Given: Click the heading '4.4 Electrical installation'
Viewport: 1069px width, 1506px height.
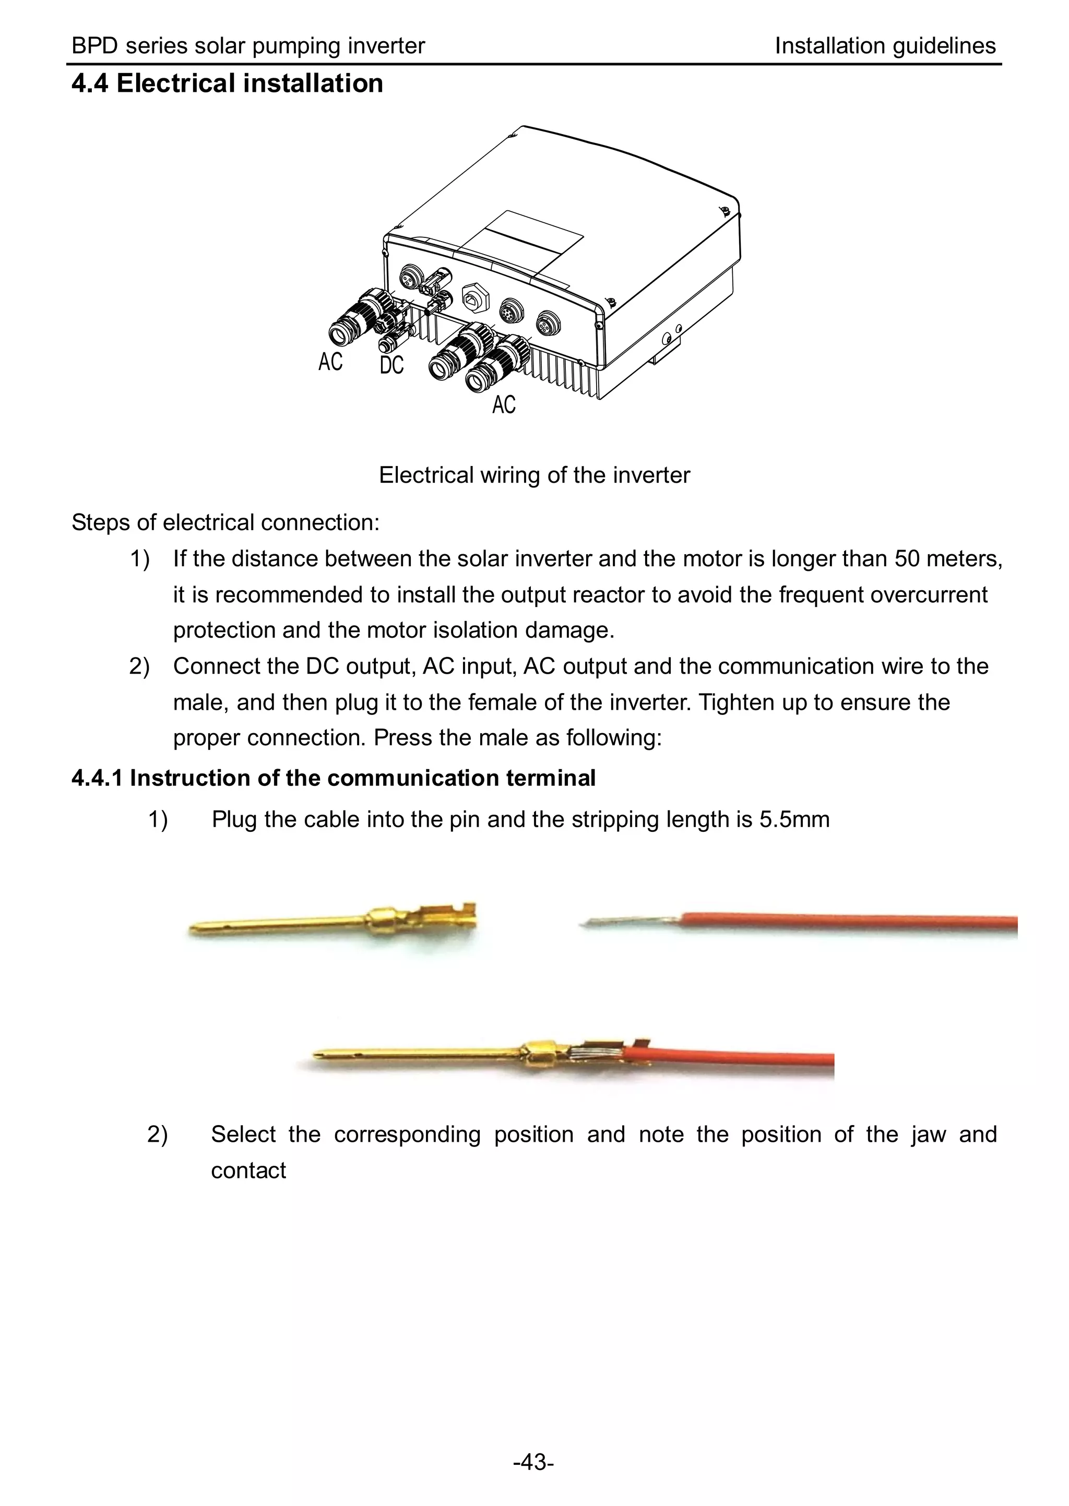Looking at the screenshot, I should [x=227, y=84].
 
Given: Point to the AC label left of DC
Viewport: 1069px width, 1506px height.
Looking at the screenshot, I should [x=330, y=362].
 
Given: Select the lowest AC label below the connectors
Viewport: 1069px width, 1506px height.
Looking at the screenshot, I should [x=504, y=404].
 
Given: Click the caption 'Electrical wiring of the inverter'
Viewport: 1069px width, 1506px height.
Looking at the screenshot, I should [x=534, y=475].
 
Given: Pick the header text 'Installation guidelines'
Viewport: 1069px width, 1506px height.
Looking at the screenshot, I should [x=885, y=46].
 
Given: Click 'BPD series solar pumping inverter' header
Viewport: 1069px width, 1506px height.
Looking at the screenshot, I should [x=248, y=46].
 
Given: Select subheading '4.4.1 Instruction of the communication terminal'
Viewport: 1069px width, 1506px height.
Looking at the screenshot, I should [x=333, y=779].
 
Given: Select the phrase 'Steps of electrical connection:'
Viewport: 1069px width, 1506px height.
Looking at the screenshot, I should [x=225, y=522].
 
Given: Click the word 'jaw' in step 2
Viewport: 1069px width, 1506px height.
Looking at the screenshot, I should [x=928, y=1134].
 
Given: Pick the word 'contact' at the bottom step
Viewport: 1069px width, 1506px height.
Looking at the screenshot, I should [x=248, y=1170].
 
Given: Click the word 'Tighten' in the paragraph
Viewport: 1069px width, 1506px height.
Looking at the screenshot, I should [x=737, y=703].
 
